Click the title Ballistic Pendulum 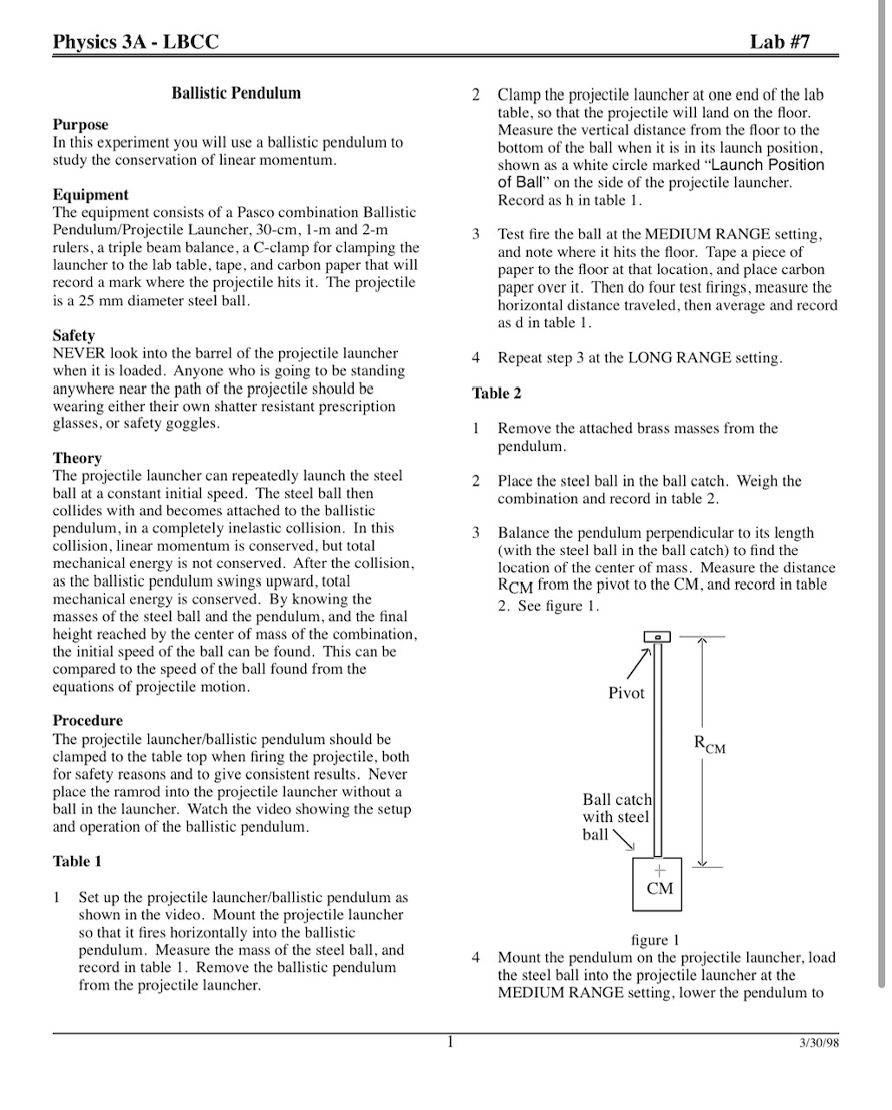click(236, 93)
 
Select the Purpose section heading click(81, 125)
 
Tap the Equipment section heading click(90, 195)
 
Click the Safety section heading click(74, 336)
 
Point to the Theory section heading click(77, 458)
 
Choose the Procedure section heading click(88, 721)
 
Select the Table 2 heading click(497, 394)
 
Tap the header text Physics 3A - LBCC click(135, 42)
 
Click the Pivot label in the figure click(627, 693)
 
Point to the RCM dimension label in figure click(709, 744)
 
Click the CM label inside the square click(660, 889)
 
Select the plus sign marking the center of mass click(660, 870)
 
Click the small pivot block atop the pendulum click(657, 637)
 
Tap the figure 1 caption click(655, 940)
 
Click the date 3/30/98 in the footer click(819, 1043)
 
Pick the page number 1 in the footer click(450, 1042)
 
